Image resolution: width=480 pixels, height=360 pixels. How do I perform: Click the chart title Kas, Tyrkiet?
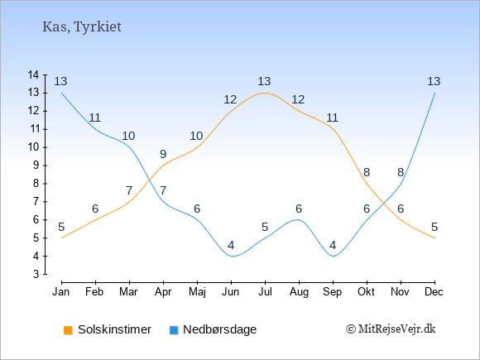tap(82, 27)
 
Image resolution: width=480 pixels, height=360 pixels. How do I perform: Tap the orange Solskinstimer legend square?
tap(68, 330)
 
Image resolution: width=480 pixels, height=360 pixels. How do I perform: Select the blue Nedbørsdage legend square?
tap(174, 330)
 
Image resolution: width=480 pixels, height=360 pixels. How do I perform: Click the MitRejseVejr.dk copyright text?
tap(391, 329)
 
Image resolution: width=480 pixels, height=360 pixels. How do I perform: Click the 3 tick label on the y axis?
tap(36, 274)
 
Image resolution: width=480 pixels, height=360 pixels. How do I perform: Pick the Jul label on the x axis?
tap(265, 292)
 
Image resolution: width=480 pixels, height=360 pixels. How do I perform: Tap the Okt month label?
tap(366, 292)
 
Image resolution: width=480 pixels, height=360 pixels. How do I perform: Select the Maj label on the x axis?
tap(197, 292)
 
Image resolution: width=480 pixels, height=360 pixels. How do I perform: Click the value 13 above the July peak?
tap(264, 81)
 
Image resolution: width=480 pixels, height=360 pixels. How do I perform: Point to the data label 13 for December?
tap(434, 81)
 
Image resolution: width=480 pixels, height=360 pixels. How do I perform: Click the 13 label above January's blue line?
tap(60, 81)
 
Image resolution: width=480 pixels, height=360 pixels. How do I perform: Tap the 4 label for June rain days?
tap(231, 245)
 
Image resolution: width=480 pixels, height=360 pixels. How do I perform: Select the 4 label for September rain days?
tap(333, 245)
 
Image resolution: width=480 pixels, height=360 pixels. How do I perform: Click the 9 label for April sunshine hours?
tap(163, 154)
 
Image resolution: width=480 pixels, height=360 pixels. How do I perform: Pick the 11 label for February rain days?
tap(94, 118)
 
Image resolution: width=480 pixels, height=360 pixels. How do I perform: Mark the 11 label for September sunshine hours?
tap(332, 118)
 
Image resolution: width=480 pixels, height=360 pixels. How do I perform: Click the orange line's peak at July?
tap(265, 93)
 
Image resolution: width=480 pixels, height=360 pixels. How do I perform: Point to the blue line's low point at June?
tap(233, 257)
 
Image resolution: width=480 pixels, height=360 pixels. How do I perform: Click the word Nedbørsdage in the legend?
tap(220, 329)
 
